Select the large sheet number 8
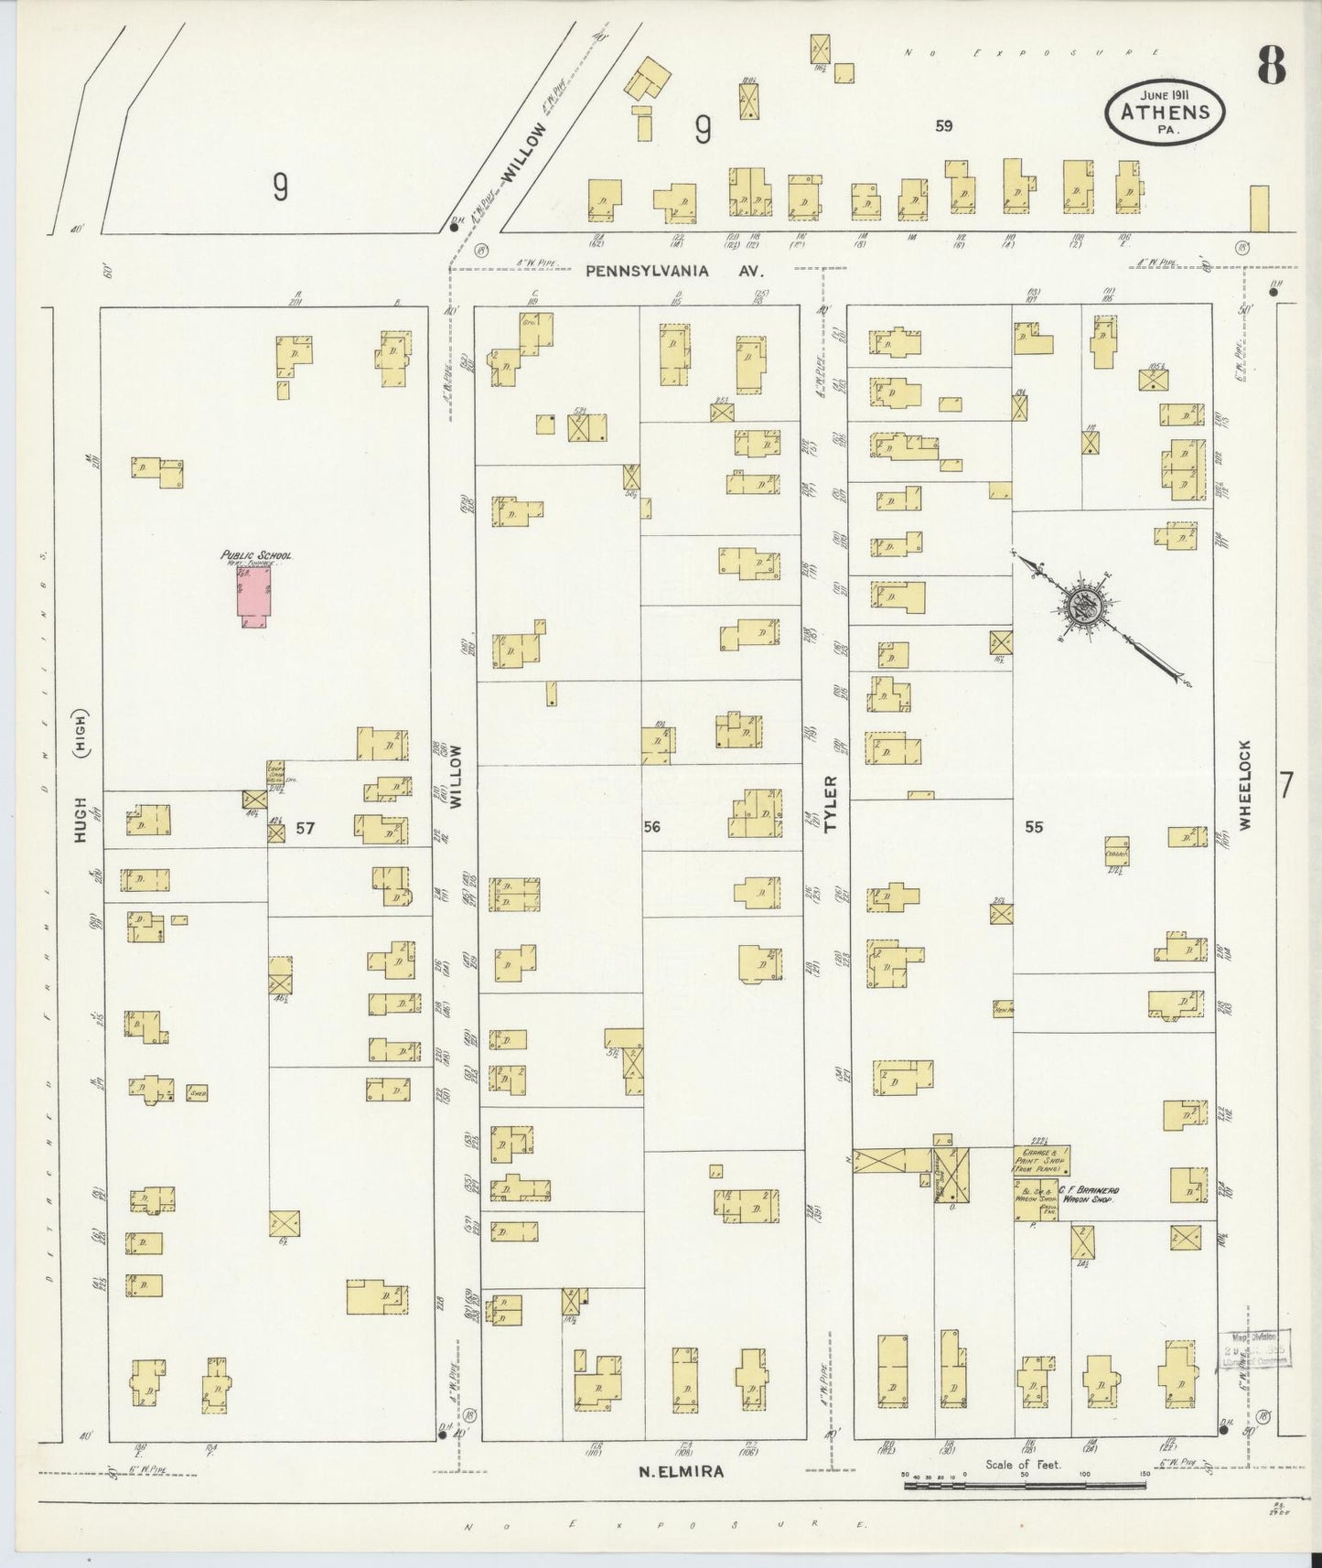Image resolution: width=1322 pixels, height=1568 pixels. click(x=1271, y=65)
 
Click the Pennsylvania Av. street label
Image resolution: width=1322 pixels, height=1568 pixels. click(x=673, y=272)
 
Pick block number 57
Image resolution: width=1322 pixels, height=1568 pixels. click(x=306, y=828)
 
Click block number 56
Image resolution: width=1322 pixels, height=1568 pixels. click(x=651, y=827)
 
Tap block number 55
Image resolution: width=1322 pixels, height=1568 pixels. click(x=1034, y=827)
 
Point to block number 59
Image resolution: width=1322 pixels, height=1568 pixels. click(x=943, y=126)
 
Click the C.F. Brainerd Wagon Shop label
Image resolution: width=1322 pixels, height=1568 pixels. click(x=1089, y=1195)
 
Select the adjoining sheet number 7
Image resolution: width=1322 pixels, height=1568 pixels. click(x=1286, y=785)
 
